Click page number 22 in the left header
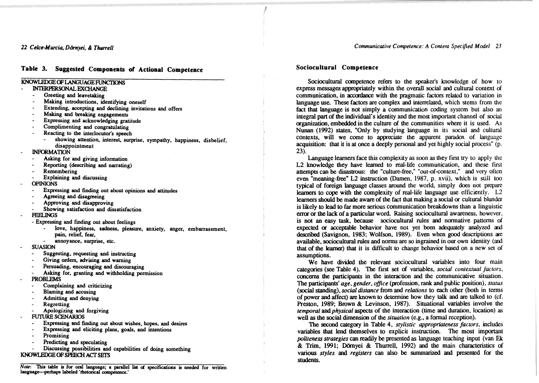(24, 48)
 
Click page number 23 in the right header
(498, 46)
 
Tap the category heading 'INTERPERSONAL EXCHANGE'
(69, 89)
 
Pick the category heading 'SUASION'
(43, 247)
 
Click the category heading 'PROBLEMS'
(46, 279)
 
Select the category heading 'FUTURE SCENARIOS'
(58, 317)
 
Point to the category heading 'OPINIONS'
(44, 184)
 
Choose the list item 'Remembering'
(60, 171)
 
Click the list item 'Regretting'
(56, 304)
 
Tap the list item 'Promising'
(56, 336)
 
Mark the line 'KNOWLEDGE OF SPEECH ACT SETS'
(65, 355)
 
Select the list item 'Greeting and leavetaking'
(74, 95)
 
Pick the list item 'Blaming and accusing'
(69, 292)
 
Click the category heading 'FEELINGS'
(44, 215)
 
